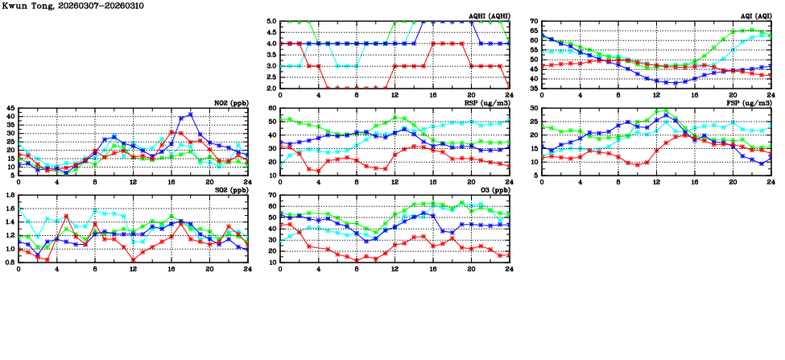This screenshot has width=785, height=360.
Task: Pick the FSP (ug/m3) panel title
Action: coord(750,102)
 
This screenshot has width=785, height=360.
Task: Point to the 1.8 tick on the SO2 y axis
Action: coord(9,195)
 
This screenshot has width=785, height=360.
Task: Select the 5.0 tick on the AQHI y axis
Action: coord(271,22)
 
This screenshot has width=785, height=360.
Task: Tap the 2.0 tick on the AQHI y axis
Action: coord(271,88)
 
